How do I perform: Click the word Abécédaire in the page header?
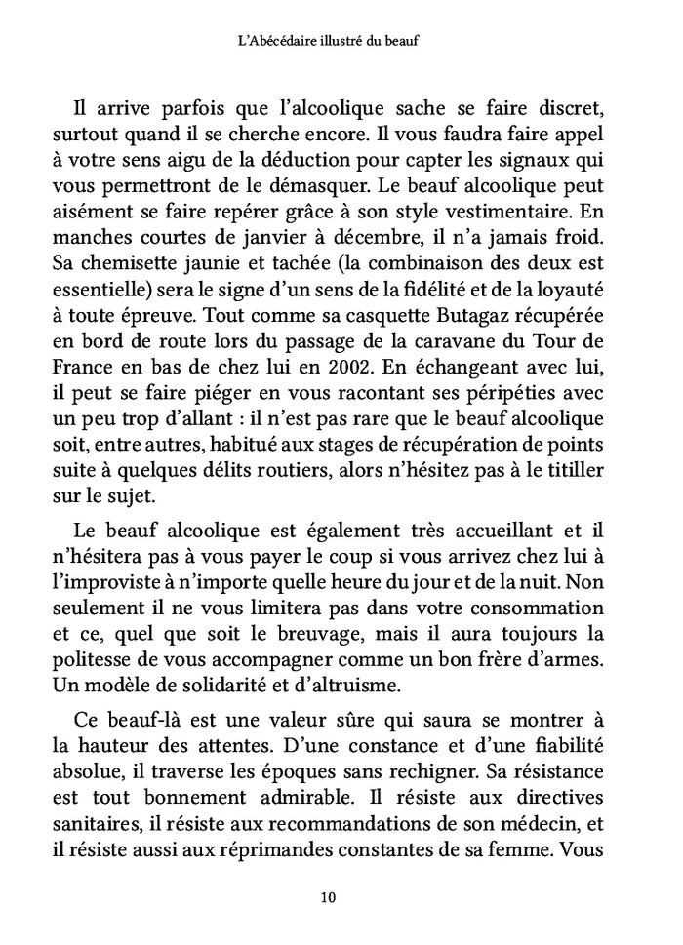(x=290, y=41)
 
